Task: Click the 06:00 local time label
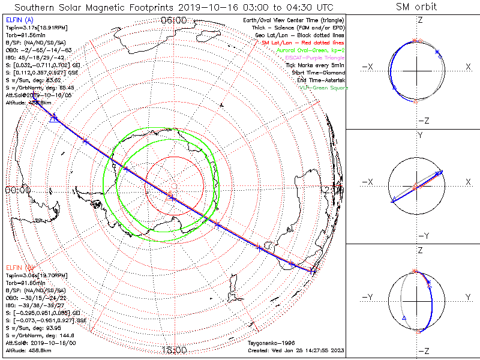point(174,20)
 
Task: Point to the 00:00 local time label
point(17,190)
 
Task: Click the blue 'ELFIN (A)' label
point(19,20)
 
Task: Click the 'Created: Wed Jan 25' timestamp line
point(295,350)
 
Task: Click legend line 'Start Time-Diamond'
point(319,73)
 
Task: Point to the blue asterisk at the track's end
point(313,271)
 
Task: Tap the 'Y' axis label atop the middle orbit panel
point(419,136)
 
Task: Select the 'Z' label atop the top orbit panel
point(419,19)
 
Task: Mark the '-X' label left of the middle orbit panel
point(368,182)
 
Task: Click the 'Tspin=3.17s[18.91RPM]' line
point(37,28)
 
